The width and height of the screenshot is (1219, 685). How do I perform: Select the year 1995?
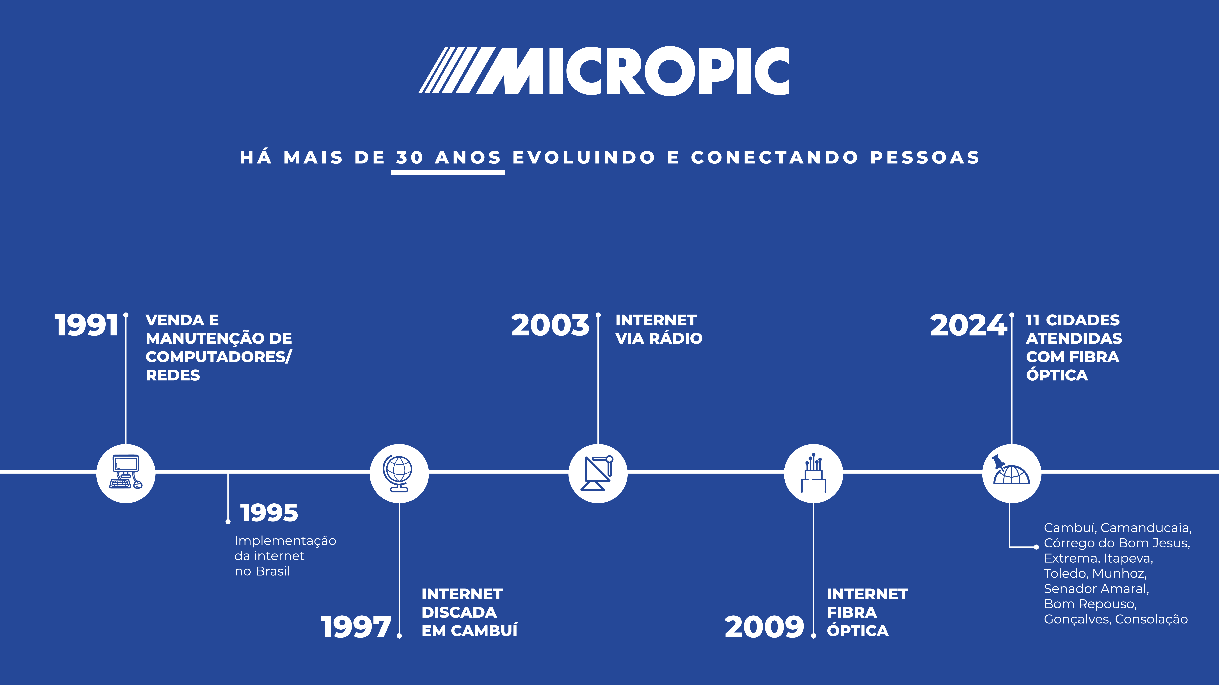pyautogui.click(x=269, y=513)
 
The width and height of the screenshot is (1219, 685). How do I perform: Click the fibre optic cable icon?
pyautogui.click(x=814, y=473)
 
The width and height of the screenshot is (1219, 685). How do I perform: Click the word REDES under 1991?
pyautogui.click(x=173, y=375)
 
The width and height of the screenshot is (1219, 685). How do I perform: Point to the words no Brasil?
pyautogui.click(x=262, y=572)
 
